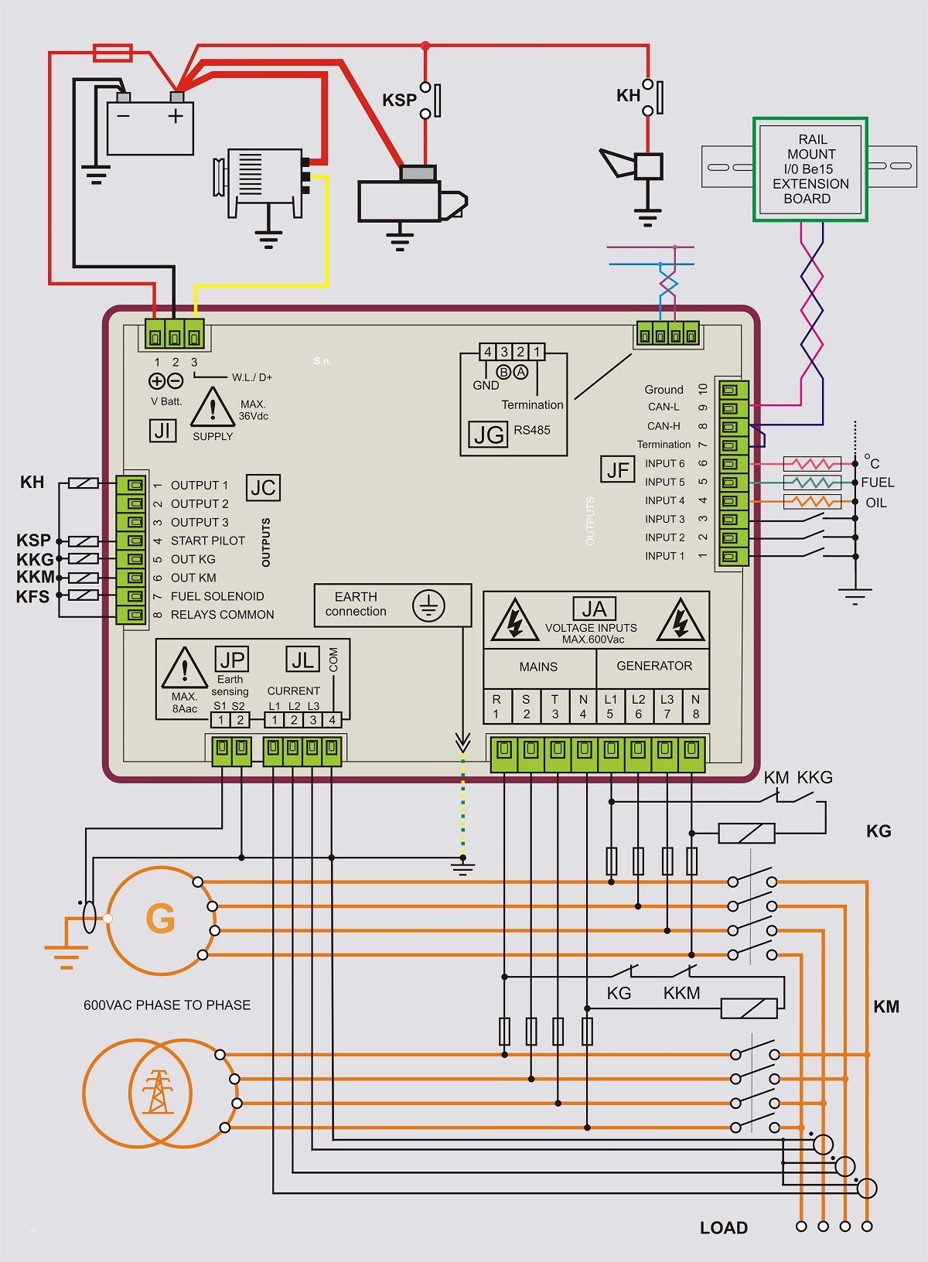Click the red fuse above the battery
pos(113,53)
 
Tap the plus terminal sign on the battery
pos(176,116)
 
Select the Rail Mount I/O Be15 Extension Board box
pos(810,169)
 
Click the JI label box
pos(163,431)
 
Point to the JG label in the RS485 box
pos(489,435)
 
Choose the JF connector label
pos(618,469)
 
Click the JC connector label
pos(263,488)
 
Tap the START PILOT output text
pos(208,541)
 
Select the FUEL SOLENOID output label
pos(217,596)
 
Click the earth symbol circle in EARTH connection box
pos(428,606)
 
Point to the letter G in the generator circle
pos(161,919)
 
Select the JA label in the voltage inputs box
pos(595,609)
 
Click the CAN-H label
pos(664,426)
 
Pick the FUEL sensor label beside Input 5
pos(877,483)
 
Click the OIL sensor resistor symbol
pos(812,501)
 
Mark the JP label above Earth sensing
pos(232,660)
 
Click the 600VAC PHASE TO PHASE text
pos(167,1005)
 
